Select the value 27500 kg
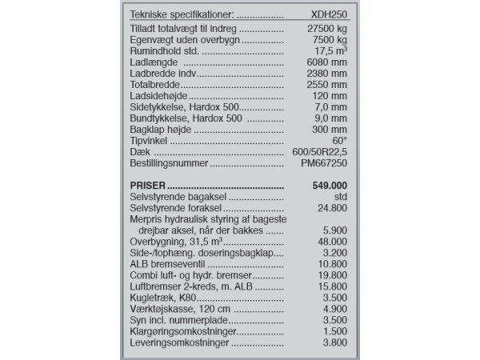[x=324, y=28]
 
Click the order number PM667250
[x=324, y=163]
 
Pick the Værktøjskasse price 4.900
[x=333, y=310]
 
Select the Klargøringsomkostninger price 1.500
[x=333, y=332]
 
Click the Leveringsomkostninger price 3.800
[x=333, y=343]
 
